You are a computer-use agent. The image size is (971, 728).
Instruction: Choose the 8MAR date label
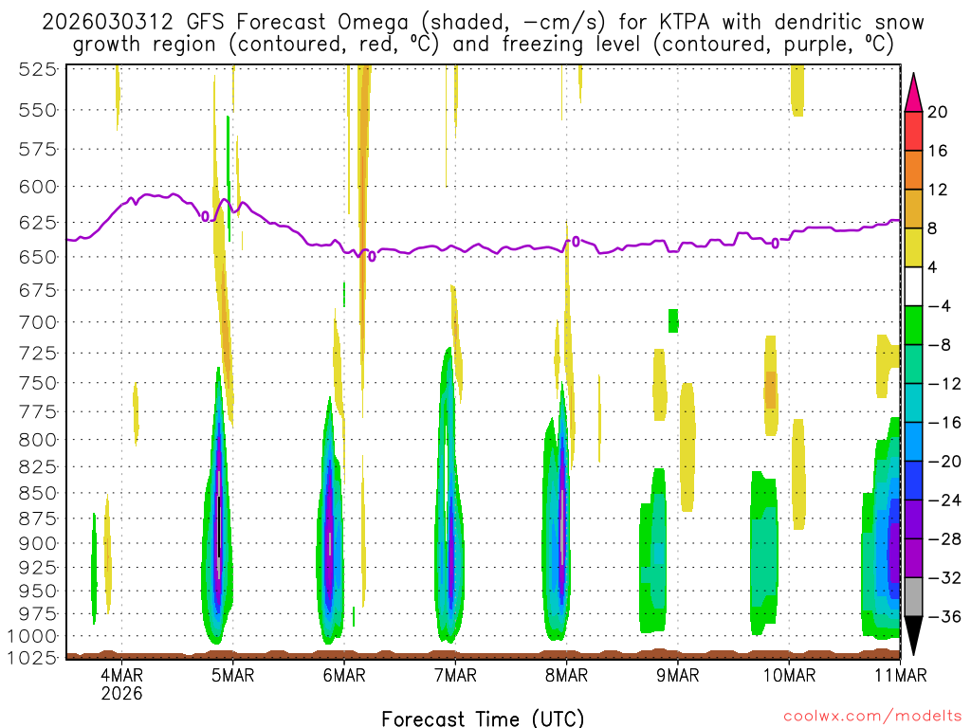point(567,675)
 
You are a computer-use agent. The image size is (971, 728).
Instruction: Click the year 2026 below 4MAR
point(121,693)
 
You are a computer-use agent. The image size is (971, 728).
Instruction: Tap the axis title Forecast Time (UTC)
point(483,718)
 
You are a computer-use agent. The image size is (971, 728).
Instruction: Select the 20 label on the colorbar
point(938,112)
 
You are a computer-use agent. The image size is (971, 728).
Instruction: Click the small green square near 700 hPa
point(673,320)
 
